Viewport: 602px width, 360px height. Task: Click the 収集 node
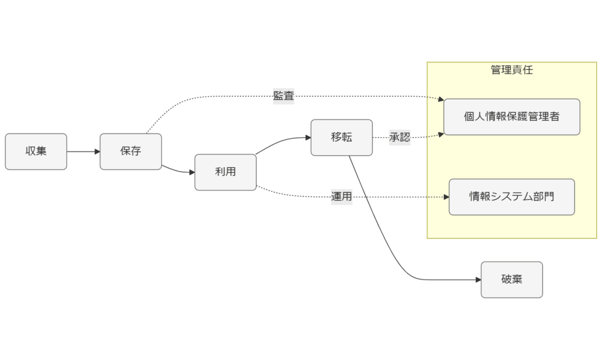click(36, 151)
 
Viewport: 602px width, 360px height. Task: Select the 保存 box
click(131, 151)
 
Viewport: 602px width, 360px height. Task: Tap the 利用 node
click(226, 172)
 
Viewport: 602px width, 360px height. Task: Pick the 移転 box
click(342, 137)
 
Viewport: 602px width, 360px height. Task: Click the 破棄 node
click(511, 279)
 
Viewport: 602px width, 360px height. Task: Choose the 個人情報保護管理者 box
click(511, 116)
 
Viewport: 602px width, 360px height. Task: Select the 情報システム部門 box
click(511, 196)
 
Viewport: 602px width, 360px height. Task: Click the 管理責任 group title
click(511, 70)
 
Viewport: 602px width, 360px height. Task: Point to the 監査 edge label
click(283, 96)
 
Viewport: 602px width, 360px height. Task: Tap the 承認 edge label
click(400, 138)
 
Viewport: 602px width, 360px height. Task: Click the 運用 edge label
click(342, 196)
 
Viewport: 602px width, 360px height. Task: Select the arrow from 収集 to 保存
click(82, 151)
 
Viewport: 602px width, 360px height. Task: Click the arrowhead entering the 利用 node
click(191, 172)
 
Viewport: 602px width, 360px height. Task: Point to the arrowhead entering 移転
click(307, 138)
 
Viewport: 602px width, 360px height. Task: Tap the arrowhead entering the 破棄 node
click(477, 279)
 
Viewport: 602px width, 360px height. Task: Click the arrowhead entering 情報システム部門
click(445, 197)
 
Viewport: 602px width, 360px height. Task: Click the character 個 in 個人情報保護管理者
click(469, 116)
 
